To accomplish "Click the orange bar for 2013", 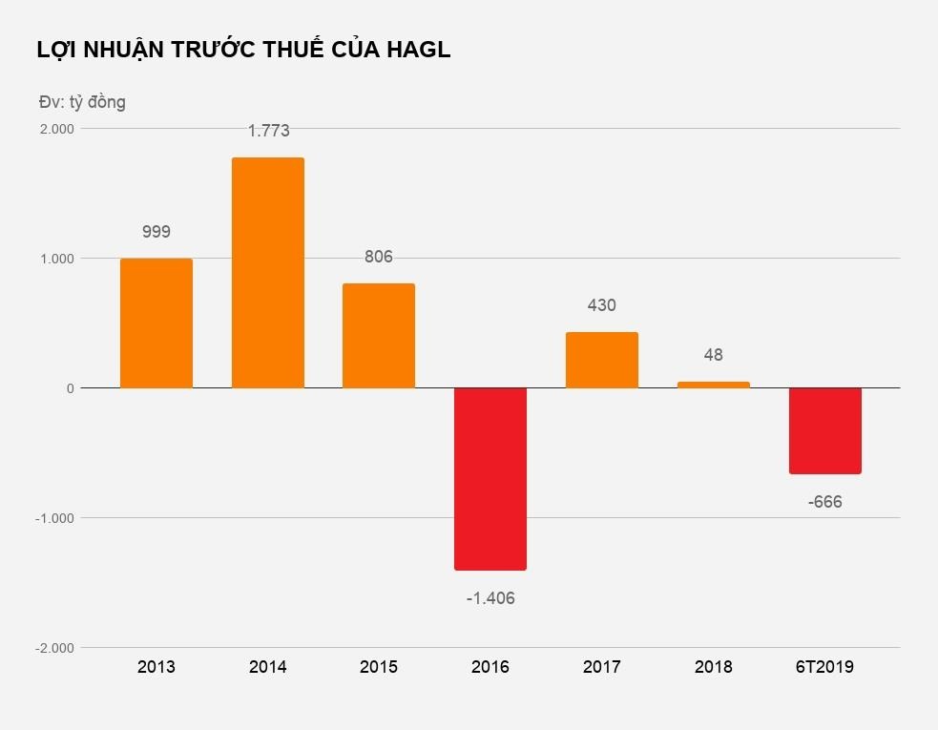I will point(156,323).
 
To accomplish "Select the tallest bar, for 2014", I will point(268,273).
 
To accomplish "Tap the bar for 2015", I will point(379,336).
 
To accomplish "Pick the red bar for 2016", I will point(490,479).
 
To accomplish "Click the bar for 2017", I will point(601,360).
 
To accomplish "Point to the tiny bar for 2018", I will point(713,385).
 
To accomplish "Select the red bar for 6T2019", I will point(825,430).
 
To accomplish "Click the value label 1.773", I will point(268,131).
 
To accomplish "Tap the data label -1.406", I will point(490,598).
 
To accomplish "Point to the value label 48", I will point(713,355).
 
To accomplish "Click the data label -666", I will point(825,502).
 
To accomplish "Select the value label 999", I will point(156,231).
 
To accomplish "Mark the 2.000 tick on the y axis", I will point(56,129).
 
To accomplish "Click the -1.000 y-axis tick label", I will point(54,518).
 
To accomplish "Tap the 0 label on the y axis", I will point(70,388).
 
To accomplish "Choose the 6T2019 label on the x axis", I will point(824,667).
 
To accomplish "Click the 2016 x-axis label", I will point(490,667).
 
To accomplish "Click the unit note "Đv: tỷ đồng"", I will point(82,101).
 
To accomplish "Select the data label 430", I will point(601,305).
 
